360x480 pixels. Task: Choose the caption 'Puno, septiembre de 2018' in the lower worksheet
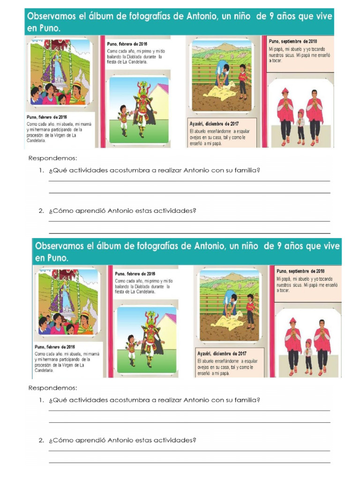coord(300,271)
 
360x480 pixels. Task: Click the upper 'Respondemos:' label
coord(52,158)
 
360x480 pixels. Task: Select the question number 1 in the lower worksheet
coord(42,400)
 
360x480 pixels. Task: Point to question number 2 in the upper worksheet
coord(42,211)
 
